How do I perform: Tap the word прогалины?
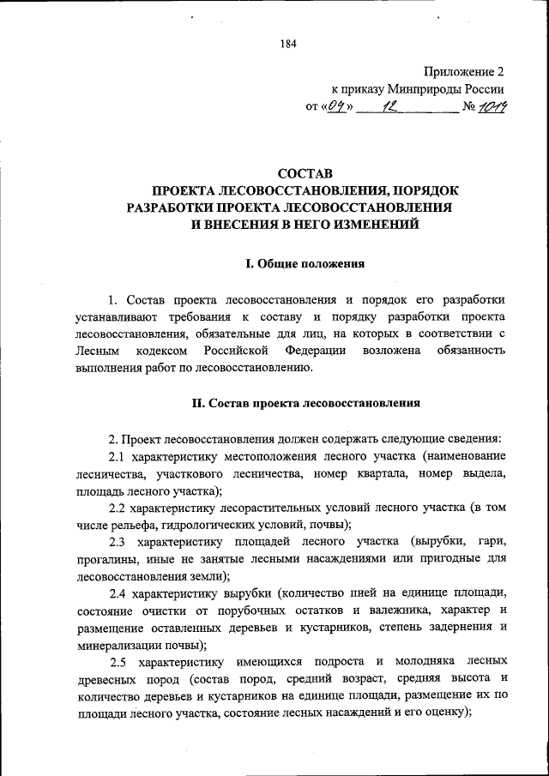coord(104,560)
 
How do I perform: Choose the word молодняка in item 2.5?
coord(428,662)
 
